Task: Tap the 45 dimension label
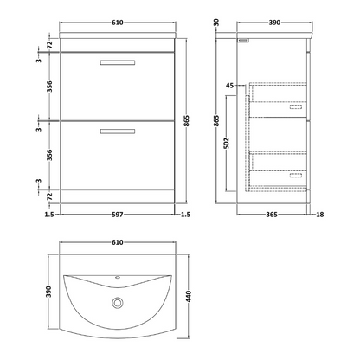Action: pos(228,85)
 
